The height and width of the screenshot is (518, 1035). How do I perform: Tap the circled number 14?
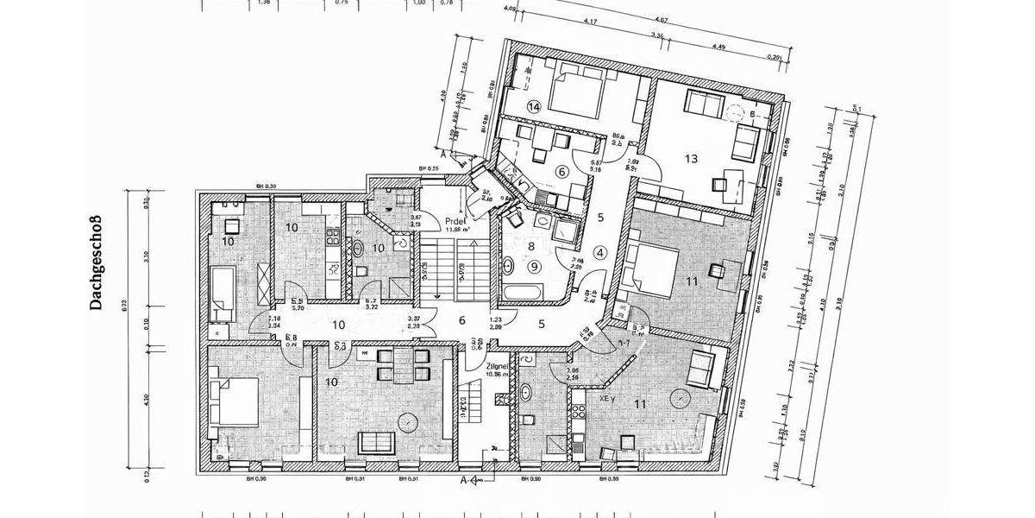(534, 107)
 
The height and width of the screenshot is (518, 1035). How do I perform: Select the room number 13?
(691, 158)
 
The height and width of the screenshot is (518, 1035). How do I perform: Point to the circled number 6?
(562, 172)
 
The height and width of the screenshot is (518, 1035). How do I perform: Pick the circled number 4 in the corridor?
(601, 252)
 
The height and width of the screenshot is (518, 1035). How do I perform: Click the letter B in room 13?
(753, 114)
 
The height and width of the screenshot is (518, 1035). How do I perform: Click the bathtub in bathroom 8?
(524, 290)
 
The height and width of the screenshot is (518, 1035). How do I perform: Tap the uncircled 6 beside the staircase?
(462, 320)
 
